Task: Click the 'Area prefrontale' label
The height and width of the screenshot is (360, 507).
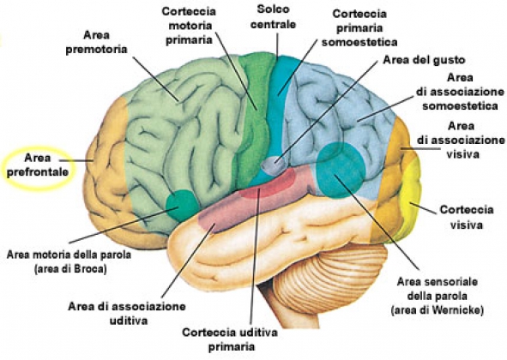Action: point(38,165)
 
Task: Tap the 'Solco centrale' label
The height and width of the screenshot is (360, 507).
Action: point(273,17)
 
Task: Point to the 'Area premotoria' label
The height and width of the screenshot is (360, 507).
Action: point(96,42)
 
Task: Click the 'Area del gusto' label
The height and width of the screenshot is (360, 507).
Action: point(424,60)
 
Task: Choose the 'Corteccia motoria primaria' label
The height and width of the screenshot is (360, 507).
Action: point(189,26)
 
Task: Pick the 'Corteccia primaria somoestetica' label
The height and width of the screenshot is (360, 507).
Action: point(359,28)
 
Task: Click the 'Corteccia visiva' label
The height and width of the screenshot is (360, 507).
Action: point(467,217)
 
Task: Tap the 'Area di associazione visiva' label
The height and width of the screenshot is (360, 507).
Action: point(461,140)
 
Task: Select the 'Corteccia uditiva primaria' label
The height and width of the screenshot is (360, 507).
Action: point(230,339)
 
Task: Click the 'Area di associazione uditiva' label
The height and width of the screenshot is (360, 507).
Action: point(127,313)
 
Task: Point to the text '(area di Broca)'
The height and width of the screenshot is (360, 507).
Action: point(70,269)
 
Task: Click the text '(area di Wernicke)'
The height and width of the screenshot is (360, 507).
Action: point(438,310)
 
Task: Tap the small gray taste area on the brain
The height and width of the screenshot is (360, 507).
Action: point(274,165)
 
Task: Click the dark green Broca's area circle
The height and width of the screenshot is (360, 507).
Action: point(182,205)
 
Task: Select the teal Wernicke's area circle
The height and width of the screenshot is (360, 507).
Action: point(341,170)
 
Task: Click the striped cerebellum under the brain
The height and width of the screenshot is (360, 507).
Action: point(329,274)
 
